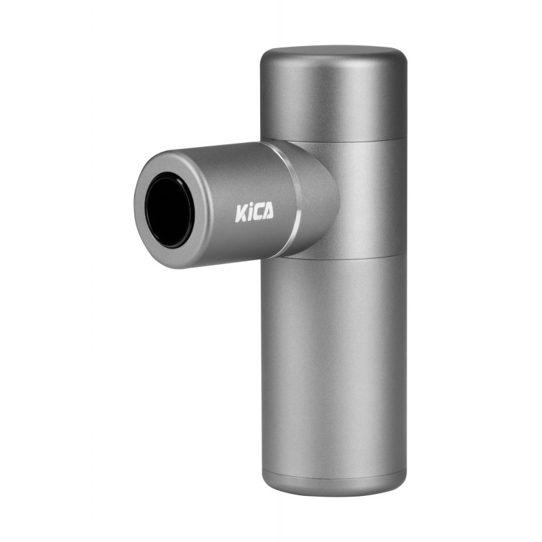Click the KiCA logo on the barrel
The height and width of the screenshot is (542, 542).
(255, 212)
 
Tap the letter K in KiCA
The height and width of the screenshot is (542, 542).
(241, 214)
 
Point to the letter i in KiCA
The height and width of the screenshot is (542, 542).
(249, 213)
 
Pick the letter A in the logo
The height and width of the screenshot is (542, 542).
(268, 211)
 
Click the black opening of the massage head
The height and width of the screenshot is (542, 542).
(169, 210)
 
